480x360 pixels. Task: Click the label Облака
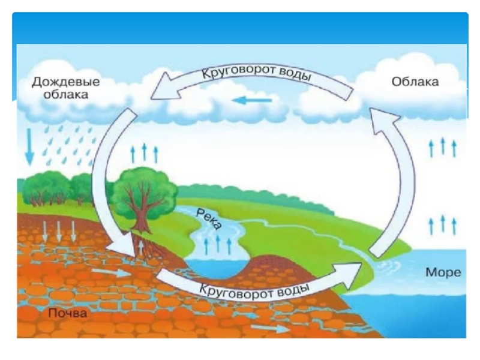click(415, 81)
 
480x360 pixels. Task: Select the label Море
click(443, 272)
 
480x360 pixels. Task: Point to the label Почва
click(68, 313)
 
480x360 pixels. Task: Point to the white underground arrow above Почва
click(114, 272)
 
